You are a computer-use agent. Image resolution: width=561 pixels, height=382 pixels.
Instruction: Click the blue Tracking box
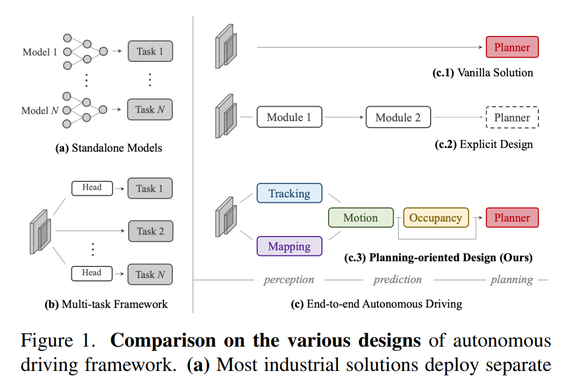click(x=289, y=193)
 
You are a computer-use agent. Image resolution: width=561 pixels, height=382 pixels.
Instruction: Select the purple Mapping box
click(x=289, y=246)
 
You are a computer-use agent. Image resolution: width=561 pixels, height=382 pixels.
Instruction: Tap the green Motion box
click(x=361, y=218)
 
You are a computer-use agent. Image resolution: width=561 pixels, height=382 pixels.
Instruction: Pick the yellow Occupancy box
click(x=436, y=218)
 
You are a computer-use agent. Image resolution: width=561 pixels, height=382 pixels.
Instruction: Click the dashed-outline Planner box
click(x=511, y=118)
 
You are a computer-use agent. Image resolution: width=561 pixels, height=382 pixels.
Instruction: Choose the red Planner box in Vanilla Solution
click(x=511, y=48)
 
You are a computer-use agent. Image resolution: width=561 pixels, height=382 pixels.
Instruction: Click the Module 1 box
click(x=289, y=118)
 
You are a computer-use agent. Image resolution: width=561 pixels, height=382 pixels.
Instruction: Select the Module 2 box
click(x=398, y=118)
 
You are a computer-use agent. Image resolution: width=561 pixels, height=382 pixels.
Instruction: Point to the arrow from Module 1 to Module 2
click(x=343, y=118)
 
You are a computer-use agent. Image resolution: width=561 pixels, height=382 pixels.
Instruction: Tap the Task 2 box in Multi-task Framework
click(x=150, y=231)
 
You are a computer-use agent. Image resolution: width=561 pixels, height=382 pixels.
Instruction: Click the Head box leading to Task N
click(x=92, y=273)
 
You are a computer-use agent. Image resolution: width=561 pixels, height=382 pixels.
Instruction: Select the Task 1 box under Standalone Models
click(x=150, y=51)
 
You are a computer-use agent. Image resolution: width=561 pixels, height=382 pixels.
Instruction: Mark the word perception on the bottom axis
click(x=289, y=280)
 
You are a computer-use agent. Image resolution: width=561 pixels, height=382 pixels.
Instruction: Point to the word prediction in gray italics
click(x=398, y=280)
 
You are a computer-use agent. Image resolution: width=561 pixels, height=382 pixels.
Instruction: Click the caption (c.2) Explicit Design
click(x=484, y=145)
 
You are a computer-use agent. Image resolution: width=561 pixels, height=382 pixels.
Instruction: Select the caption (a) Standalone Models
click(x=109, y=148)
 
